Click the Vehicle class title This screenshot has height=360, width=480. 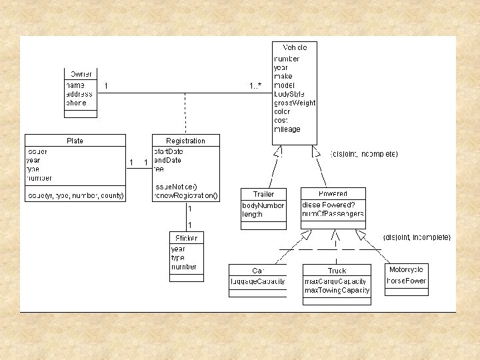(x=295, y=48)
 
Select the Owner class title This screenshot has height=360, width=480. (x=81, y=74)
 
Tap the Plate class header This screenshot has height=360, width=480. (x=75, y=141)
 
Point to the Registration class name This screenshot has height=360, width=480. (x=185, y=141)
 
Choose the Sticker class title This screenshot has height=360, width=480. (x=186, y=238)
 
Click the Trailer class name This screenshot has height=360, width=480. (x=263, y=194)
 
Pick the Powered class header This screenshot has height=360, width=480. (x=333, y=194)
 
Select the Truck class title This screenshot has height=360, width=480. (x=337, y=271)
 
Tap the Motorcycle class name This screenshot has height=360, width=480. (x=407, y=270)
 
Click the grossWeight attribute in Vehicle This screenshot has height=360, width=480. (x=295, y=103)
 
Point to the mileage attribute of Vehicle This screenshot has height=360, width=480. (x=287, y=129)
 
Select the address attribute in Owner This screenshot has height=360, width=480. (x=79, y=95)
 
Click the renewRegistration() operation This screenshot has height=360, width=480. (x=185, y=196)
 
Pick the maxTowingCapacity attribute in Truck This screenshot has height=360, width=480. (x=337, y=291)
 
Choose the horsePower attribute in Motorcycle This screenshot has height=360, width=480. (x=407, y=281)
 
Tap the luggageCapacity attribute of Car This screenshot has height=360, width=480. (x=258, y=281)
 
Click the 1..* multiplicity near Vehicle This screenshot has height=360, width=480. (x=256, y=86)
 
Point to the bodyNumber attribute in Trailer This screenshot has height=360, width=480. (x=263, y=205)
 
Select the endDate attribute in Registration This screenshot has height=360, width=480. (x=167, y=160)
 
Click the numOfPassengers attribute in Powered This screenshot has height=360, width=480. (x=333, y=214)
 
